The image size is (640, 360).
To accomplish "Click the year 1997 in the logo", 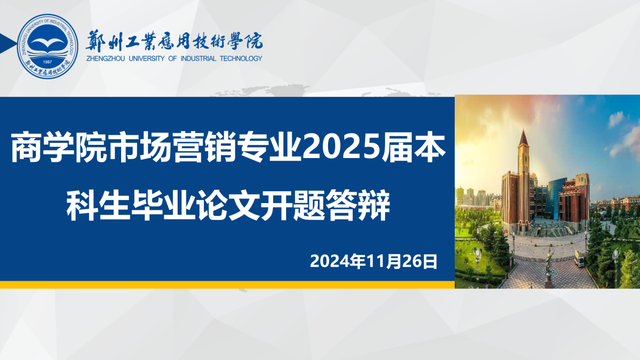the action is (47, 62).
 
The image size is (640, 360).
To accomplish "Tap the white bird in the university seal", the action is (47, 42).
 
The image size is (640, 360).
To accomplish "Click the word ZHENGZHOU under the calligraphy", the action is (105, 59).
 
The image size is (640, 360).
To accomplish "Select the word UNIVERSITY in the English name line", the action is (146, 59).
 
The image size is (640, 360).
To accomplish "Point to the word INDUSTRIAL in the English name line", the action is (198, 59).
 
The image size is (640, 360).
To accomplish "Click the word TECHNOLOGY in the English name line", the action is (241, 59).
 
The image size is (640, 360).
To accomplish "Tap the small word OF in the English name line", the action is (173, 59).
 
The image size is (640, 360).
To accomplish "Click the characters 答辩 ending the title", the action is (358, 205).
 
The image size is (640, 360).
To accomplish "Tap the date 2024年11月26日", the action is (374, 261).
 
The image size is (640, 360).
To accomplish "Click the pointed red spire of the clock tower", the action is (523, 137).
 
